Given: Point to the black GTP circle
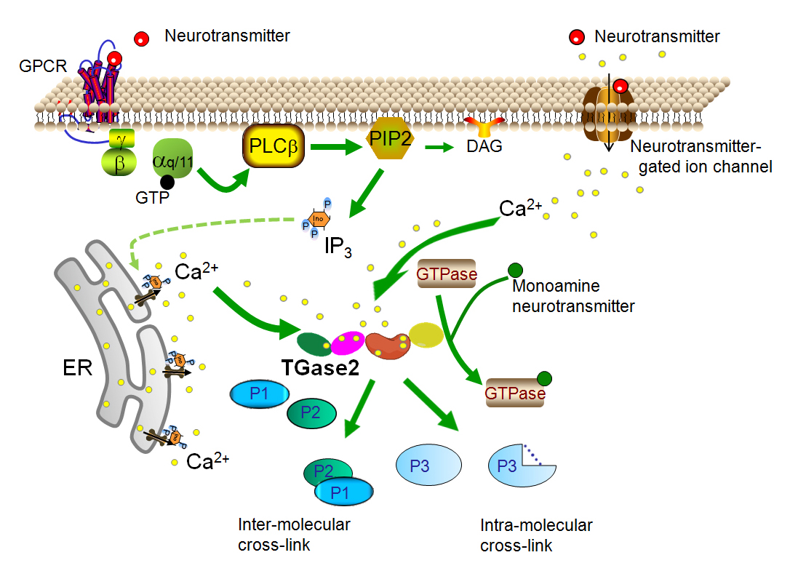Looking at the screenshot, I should click(x=167, y=181).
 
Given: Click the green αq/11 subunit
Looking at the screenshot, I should click(x=172, y=159).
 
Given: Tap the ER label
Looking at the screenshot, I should click(x=76, y=367).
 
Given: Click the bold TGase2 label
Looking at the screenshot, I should click(x=320, y=367).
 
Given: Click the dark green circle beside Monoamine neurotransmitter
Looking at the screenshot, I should click(x=515, y=269).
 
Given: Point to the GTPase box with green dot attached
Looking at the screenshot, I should click(x=514, y=392).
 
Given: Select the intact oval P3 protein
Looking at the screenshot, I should click(x=428, y=464).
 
